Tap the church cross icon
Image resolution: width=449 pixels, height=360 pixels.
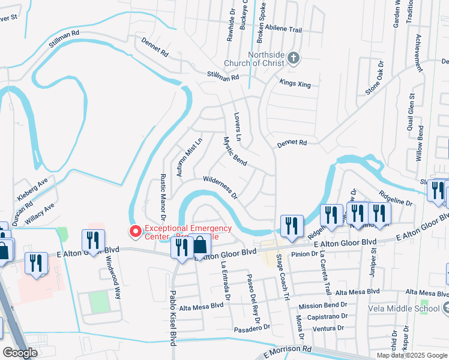[293, 58]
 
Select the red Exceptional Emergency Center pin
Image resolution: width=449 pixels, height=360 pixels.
[135, 229]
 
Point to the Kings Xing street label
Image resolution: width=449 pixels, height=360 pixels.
[295, 85]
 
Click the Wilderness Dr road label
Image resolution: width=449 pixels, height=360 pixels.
[220, 187]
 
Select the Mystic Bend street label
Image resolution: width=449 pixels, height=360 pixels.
[235, 152]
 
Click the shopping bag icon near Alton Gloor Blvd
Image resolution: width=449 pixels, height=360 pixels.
[200, 245]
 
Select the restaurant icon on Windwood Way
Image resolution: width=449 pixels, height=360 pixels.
[93, 240]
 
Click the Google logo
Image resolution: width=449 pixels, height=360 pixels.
[20, 353]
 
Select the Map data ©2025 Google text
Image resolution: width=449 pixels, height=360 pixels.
[411, 355]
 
